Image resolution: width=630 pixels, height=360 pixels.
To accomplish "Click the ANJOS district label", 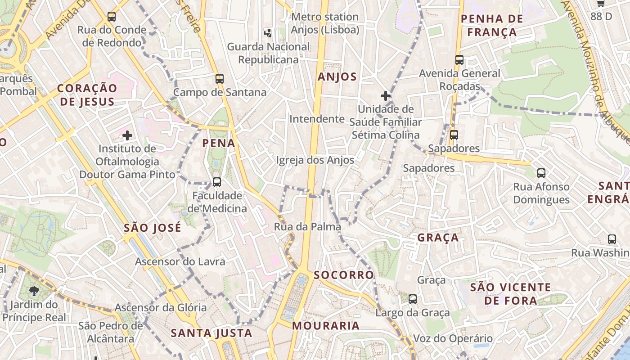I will (x=337, y=77).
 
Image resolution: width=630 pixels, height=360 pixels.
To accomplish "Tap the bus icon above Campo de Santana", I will (x=220, y=79).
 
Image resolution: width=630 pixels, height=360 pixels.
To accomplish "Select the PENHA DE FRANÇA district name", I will (x=492, y=26).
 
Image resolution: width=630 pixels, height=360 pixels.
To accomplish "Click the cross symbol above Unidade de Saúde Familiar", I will (x=385, y=96).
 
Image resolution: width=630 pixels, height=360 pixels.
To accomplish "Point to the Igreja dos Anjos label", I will (x=315, y=160).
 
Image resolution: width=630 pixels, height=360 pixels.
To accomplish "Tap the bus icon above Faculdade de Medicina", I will (x=217, y=182).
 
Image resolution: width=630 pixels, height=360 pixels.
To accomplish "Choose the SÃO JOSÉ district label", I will (x=153, y=228).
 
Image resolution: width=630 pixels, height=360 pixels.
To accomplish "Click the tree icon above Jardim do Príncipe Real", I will (x=34, y=291).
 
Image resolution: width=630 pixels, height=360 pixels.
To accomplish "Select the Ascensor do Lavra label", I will (x=180, y=261).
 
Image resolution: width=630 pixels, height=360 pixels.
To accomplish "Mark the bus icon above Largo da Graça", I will (x=412, y=299).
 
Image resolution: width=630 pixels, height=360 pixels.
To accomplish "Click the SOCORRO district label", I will (x=344, y=275).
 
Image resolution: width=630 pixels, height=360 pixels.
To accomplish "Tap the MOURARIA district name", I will (x=326, y=326).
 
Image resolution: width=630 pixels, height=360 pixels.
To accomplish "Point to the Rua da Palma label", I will (x=307, y=227).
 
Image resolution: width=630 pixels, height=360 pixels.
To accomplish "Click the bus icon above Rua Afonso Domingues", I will (x=541, y=173).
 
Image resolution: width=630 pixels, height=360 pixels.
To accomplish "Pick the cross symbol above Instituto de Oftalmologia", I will (x=127, y=135).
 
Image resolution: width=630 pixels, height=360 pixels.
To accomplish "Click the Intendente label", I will (x=317, y=119).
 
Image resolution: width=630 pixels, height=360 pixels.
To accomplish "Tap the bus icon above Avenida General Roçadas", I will (x=459, y=60).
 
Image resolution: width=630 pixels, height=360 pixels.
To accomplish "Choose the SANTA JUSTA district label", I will (x=211, y=333).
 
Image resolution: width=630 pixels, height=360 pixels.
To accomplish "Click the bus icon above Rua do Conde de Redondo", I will (x=112, y=17).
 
